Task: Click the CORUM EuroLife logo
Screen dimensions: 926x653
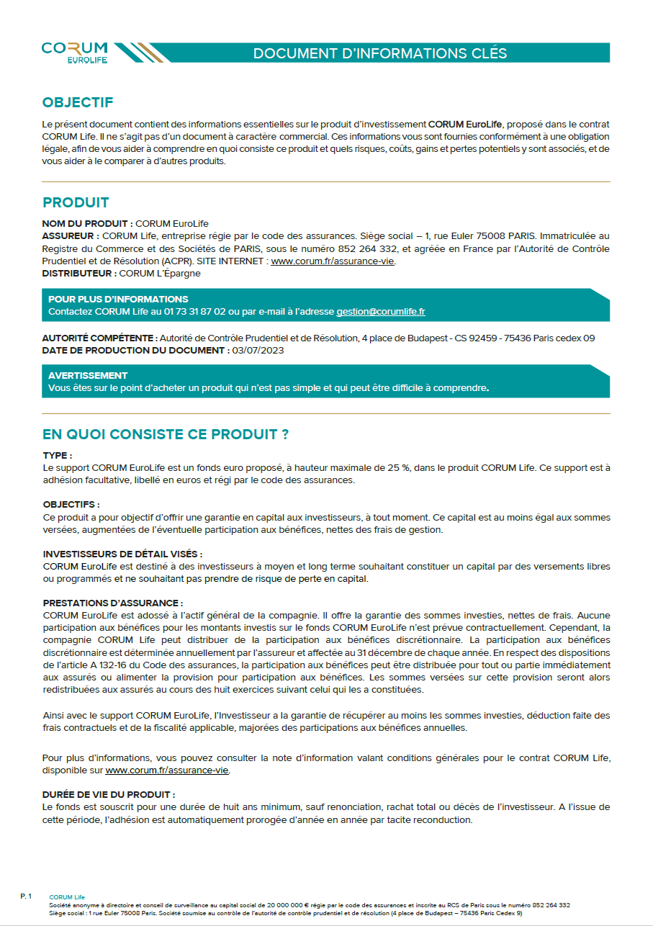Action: (75, 52)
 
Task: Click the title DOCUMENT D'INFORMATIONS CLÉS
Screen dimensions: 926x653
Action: (380, 53)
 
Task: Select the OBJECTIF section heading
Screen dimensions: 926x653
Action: (78, 103)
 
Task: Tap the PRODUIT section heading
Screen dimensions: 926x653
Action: (76, 202)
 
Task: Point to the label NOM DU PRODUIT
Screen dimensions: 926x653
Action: (87, 223)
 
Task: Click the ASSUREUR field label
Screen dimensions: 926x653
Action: (71, 235)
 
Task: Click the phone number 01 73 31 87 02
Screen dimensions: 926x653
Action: (197, 312)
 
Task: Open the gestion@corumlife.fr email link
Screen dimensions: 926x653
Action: (381, 312)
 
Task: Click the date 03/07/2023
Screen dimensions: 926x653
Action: (258, 350)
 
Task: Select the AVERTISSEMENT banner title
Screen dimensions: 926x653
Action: (88, 375)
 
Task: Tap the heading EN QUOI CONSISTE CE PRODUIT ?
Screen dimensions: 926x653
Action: (166, 435)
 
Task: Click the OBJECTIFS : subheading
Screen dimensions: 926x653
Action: (71, 505)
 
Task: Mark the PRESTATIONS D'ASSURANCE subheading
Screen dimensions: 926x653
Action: (113, 603)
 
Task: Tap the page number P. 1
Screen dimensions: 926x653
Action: (26, 896)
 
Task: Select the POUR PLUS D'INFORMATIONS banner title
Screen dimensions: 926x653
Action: (118, 299)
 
